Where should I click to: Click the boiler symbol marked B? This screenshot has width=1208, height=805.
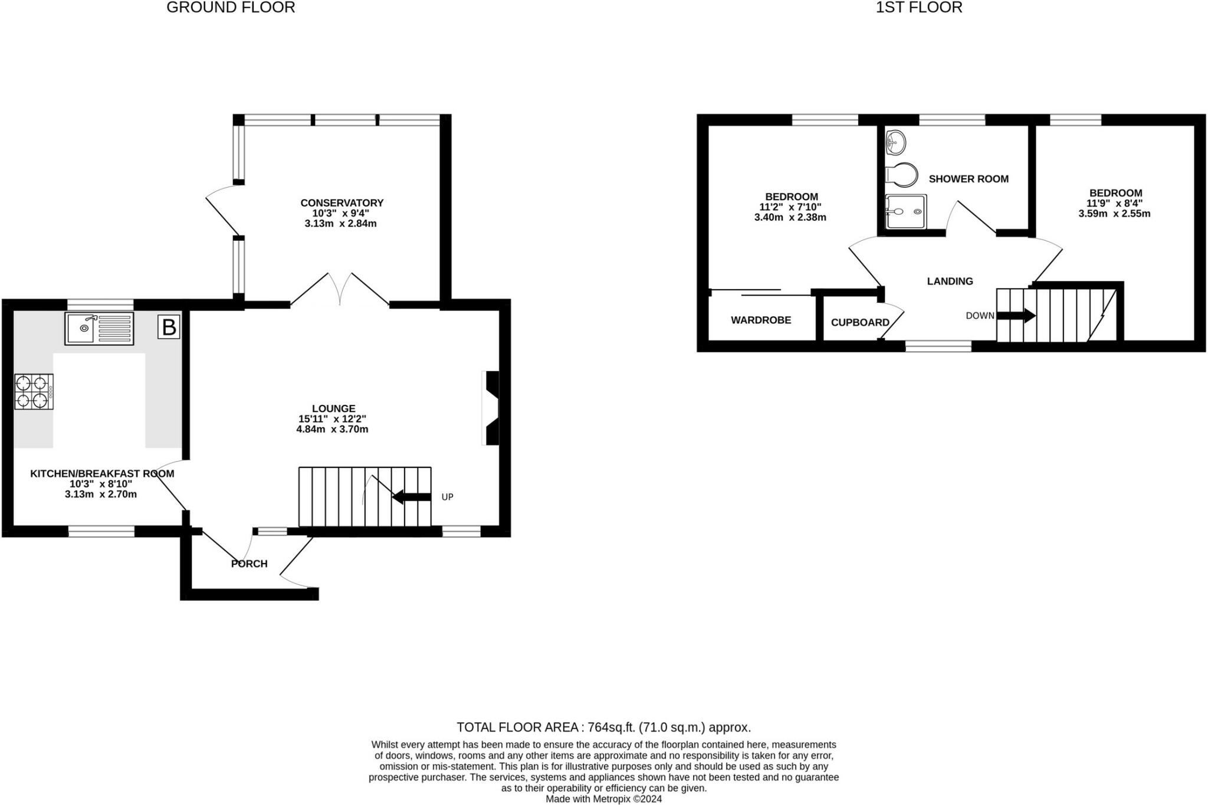169,327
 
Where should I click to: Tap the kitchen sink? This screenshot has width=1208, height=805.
99,329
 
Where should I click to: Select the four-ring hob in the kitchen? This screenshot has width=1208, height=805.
34,391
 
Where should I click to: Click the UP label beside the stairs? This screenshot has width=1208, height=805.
448,497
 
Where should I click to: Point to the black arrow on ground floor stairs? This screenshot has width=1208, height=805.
412,497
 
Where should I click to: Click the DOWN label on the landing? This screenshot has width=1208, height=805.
980,316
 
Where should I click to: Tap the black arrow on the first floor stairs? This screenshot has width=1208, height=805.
1016,316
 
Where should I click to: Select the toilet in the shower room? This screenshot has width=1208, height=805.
902,175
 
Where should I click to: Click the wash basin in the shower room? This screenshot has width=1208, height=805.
895,142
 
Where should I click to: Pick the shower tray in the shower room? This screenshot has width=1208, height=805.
906,211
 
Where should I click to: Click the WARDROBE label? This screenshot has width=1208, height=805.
761,320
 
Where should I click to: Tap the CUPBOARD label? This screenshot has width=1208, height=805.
860,322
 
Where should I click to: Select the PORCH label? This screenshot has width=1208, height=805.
250,564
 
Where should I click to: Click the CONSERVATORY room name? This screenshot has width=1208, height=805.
342,203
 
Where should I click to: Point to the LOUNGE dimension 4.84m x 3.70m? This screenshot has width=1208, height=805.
333,429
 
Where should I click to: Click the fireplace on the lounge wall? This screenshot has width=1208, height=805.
491,408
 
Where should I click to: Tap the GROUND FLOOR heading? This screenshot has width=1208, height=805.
231,8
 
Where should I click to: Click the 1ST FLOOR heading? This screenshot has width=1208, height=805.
919,8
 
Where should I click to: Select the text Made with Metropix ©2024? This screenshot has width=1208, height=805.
604,799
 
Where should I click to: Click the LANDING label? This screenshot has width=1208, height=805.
950,282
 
